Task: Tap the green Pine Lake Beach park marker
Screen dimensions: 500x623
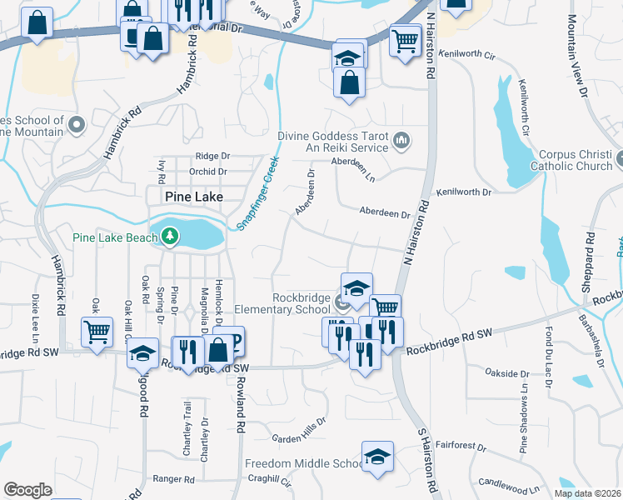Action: [x=171, y=237]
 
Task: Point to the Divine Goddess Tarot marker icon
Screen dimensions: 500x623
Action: [x=401, y=140]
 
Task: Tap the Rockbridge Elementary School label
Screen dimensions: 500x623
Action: [x=301, y=303]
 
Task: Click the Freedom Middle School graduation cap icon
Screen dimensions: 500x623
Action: [x=377, y=457]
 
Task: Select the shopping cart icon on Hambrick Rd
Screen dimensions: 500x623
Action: [x=97, y=332]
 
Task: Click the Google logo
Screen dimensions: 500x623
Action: [x=27, y=490]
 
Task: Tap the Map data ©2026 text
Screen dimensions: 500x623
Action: [x=587, y=493]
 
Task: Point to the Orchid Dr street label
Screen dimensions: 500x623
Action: [x=208, y=172]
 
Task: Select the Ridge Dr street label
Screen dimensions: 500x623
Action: [x=212, y=156]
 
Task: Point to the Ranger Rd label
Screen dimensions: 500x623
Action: [x=173, y=479]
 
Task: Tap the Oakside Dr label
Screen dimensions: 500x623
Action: [x=506, y=373]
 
